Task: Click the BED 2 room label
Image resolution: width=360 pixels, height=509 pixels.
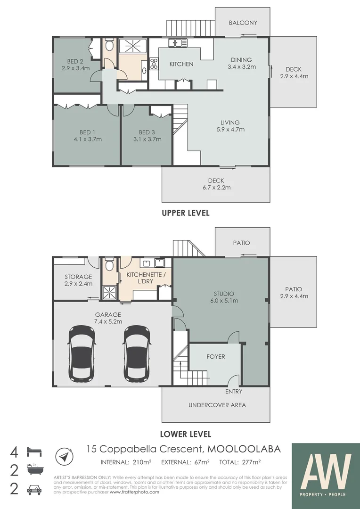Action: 75,61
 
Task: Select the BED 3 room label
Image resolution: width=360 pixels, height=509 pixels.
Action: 147,132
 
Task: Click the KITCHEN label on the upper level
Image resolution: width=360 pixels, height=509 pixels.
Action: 181,64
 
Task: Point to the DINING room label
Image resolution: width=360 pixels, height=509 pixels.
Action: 241,60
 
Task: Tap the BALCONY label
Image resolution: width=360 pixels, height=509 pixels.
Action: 243,23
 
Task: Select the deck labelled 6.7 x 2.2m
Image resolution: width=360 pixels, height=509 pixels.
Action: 216,184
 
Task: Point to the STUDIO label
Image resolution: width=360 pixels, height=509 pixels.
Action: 224,294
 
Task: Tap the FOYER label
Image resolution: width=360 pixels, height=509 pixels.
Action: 216,357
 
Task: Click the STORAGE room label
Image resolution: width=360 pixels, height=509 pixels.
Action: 78,277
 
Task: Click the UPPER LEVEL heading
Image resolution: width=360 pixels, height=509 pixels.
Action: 185,213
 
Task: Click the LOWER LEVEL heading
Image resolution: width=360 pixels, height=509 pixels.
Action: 185,434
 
